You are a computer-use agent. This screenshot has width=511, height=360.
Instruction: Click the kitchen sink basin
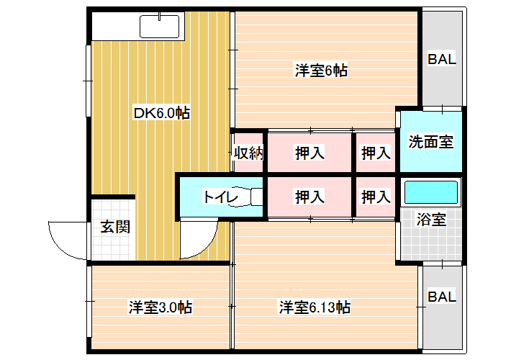click(x=160, y=27)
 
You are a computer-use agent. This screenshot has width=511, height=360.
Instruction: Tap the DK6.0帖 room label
click(x=162, y=113)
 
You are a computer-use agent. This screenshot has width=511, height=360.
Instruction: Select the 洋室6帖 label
click(x=321, y=71)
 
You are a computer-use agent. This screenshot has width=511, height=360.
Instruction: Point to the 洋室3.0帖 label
click(x=160, y=307)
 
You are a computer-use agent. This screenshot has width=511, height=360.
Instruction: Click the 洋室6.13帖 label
click(x=315, y=307)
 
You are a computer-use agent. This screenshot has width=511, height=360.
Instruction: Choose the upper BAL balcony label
click(x=442, y=59)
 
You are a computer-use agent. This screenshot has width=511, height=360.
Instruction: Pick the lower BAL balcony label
click(x=442, y=297)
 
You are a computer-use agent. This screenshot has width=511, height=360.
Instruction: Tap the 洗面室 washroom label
click(x=431, y=142)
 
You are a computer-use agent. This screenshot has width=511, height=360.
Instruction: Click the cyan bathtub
click(x=431, y=192)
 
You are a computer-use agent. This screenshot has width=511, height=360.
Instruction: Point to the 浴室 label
click(x=431, y=220)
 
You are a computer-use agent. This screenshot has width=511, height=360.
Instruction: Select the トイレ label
click(x=221, y=197)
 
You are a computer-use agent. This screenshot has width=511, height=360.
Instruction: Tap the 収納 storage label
click(x=249, y=153)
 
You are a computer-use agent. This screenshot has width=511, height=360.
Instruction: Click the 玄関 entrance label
click(x=115, y=227)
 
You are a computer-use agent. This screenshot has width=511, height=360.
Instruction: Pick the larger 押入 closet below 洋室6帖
click(x=309, y=153)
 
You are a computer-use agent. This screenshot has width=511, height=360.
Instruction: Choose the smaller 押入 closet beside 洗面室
click(x=376, y=153)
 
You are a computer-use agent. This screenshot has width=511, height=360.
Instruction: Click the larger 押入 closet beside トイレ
click(x=309, y=197)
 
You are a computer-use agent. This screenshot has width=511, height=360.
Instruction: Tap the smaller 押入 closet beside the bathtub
click(x=376, y=197)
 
